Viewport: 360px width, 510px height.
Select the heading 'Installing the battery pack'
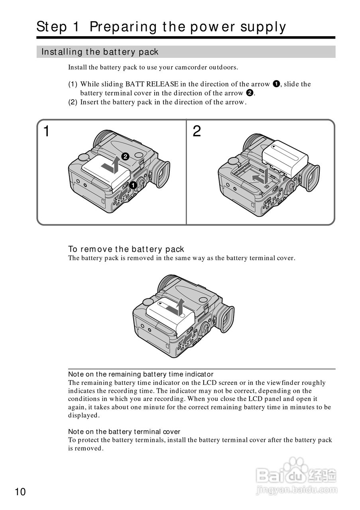100,52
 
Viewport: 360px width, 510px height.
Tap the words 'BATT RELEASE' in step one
147,84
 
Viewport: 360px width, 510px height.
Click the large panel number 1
47,131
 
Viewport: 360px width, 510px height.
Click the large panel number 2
197,131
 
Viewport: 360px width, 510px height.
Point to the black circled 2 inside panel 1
125,157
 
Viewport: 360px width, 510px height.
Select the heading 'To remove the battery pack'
126,249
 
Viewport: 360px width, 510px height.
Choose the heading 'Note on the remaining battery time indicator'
141,374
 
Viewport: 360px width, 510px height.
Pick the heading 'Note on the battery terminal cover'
124,432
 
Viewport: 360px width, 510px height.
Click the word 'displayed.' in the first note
84,415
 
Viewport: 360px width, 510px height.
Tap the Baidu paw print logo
296,469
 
